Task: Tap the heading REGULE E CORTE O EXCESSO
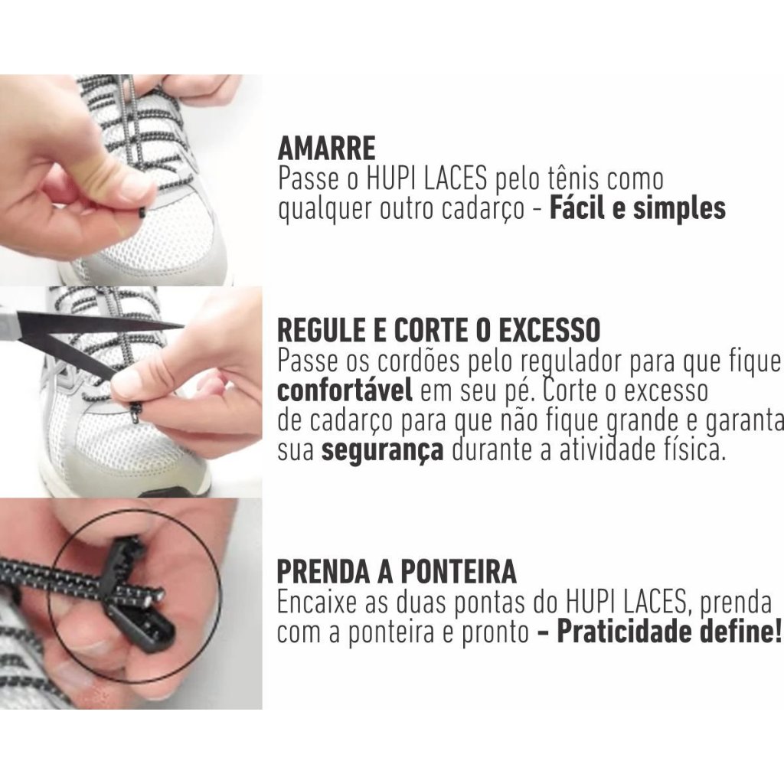click(439, 330)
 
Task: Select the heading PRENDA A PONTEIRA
click(397, 571)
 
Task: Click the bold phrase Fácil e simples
click(638, 208)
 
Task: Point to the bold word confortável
click(345, 390)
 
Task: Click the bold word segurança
click(383, 451)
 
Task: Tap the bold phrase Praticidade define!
click(668, 632)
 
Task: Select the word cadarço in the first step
click(483, 209)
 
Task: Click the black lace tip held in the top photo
click(142, 214)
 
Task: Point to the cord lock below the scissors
click(136, 413)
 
